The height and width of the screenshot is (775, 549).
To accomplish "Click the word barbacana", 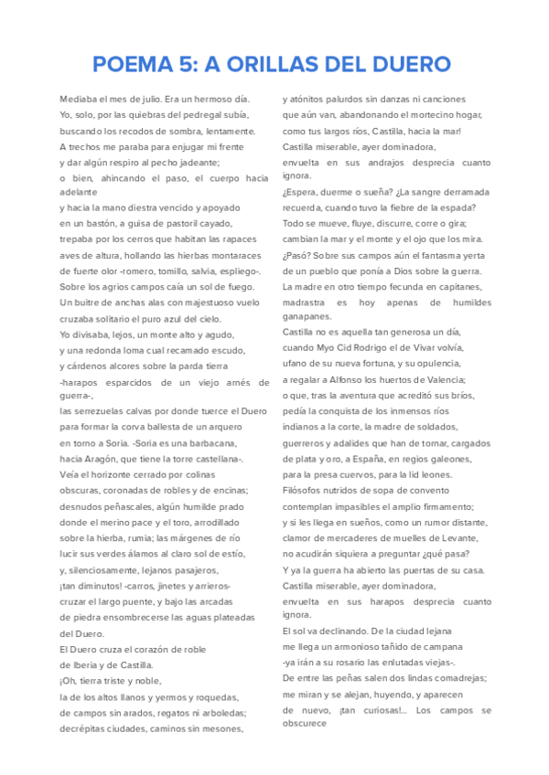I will click(x=219, y=442).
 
